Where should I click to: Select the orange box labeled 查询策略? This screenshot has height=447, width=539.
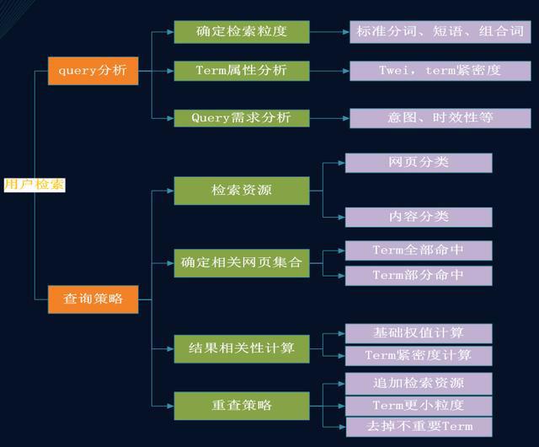click(x=93, y=298)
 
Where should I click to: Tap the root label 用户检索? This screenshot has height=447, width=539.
click(x=34, y=185)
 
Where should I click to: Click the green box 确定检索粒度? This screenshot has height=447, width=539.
click(x=241, y=32)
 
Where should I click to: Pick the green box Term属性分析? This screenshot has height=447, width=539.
click(x=241, y=70)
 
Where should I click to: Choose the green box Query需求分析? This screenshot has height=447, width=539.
click(x=241, y=117)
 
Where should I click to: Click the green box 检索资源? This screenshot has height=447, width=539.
click(x=241, y=191)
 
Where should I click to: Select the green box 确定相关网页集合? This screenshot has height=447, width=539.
click(x=241, y=262)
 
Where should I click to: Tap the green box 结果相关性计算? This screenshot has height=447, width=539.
click(x=241, y=347)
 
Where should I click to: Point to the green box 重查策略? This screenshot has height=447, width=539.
click(x=241, y=405)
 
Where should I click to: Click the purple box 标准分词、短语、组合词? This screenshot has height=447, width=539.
click(x=440, y=32)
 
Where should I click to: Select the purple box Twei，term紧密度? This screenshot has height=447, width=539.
click(x=440, y=70)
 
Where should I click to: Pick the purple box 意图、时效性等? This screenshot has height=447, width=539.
click(x=440, y=117)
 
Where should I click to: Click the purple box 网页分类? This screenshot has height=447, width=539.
click(x=419, y=162)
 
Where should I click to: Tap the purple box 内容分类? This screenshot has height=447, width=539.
click(x=419, y=216)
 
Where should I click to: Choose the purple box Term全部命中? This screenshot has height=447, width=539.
click(x=419, y=250)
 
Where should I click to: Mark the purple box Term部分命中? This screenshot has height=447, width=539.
click(x=419, y=275)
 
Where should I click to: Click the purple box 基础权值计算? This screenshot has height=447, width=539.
click(x=419, y=333)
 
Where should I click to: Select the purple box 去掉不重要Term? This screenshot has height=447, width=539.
click(x=419, y=426)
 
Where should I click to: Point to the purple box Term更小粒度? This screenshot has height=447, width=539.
click(x=419, y=405)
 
